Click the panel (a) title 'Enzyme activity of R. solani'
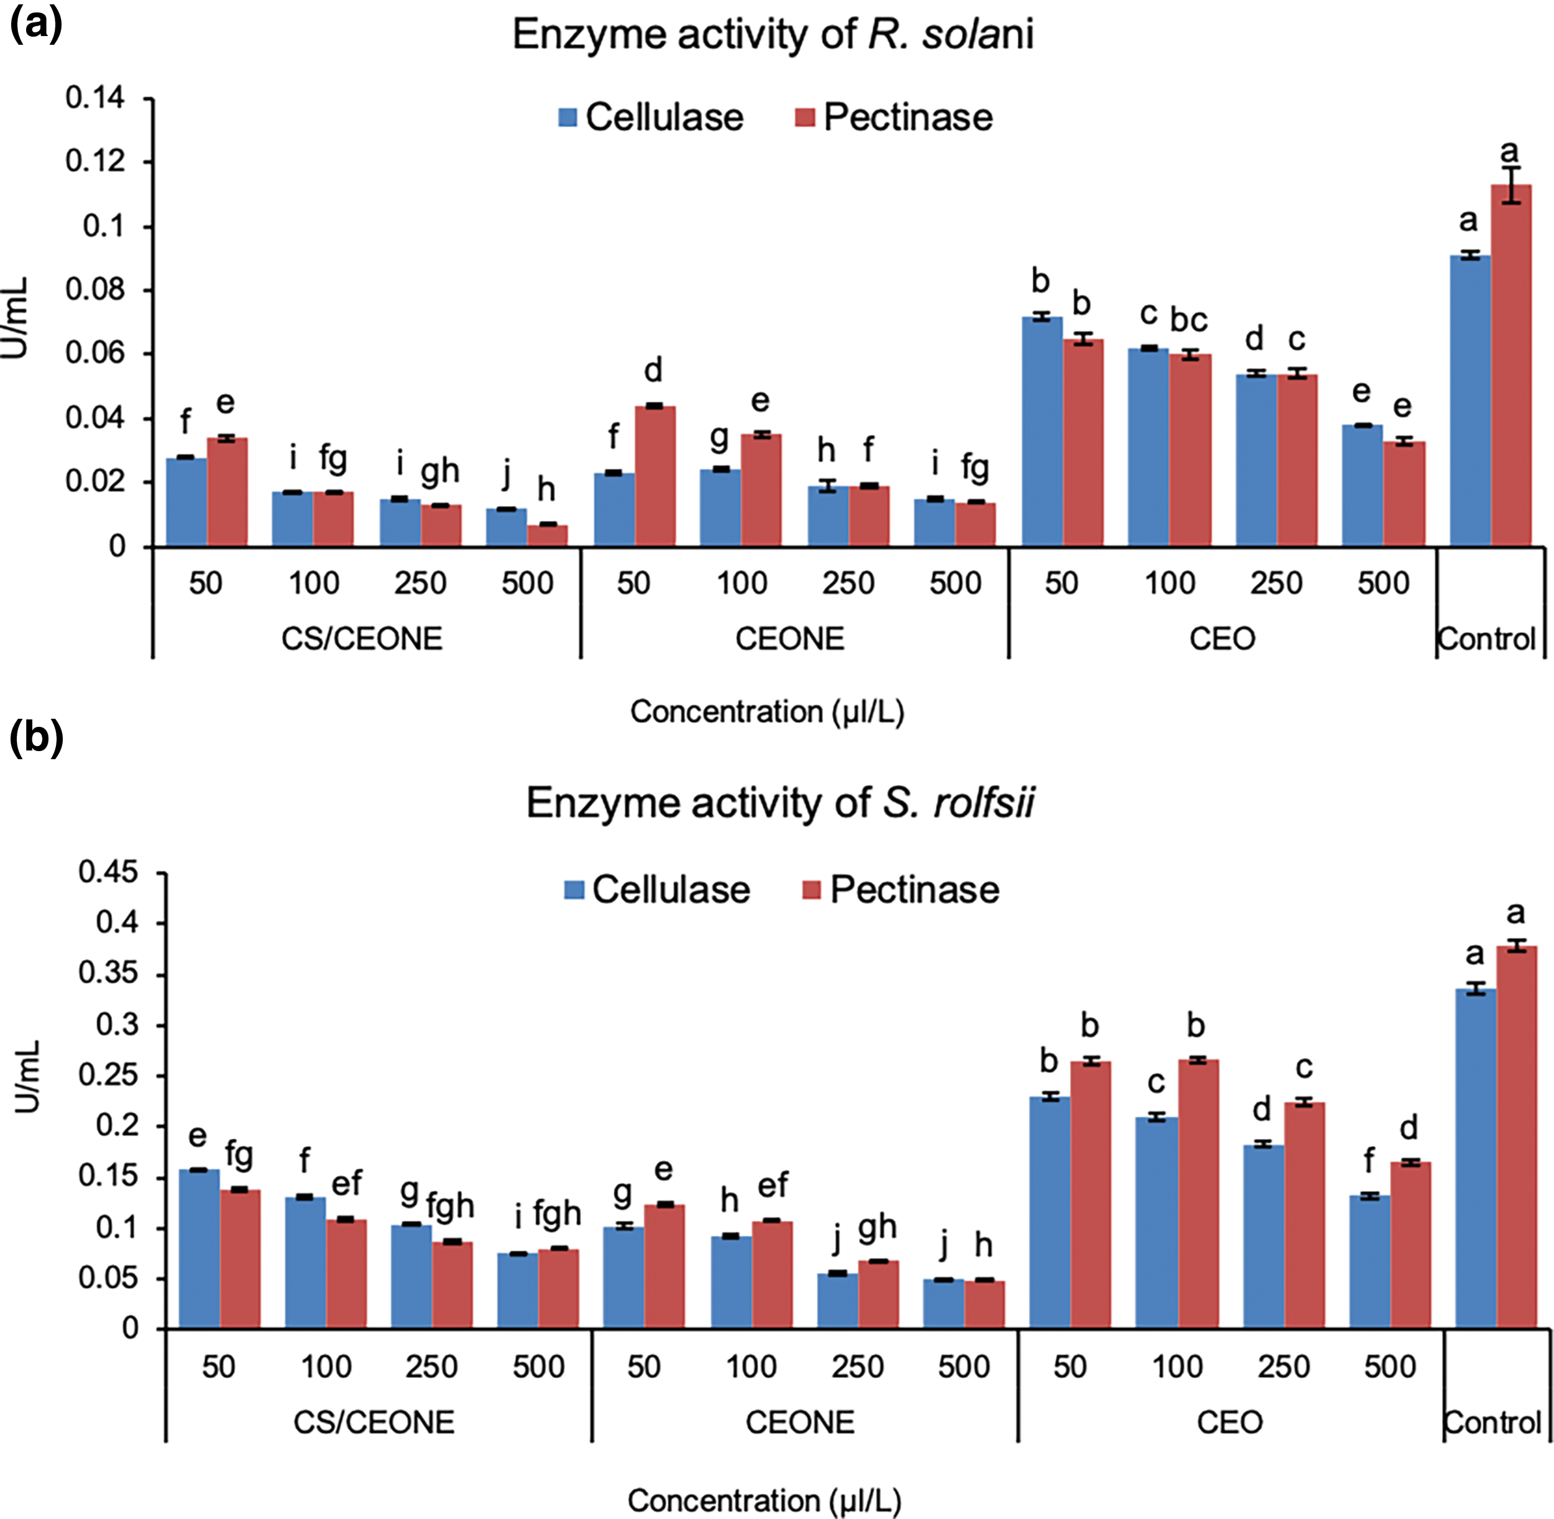tap(772, 35)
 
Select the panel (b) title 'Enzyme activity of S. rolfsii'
tap(779, 803)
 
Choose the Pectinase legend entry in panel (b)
tap(901, 890)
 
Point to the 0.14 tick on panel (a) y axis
tap(95, 98)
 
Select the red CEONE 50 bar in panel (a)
tap(655, 476)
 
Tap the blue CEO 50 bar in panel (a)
tap(1042, 431)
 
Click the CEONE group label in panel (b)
tap(799, 1423)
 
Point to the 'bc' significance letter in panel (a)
tap(1188, 320)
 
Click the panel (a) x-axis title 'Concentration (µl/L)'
tap(766, 711)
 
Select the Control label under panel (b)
tap(1492, 1423)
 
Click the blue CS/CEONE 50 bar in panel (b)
tap(200, 1249)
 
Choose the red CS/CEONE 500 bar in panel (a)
tap(546, 535)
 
